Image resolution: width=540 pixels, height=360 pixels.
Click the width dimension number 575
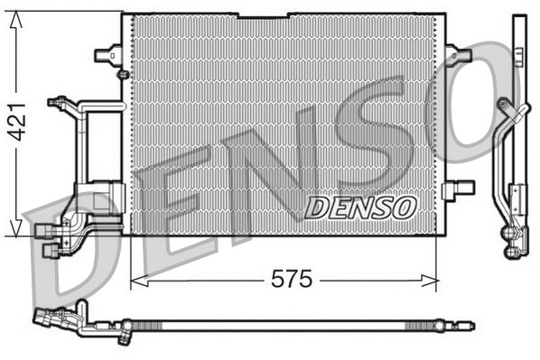[293, 280]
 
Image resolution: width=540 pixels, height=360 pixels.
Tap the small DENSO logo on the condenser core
[359, 207]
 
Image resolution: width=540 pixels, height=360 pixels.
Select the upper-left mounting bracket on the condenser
[108, 53]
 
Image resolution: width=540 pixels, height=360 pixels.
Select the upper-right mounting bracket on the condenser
[458, 54]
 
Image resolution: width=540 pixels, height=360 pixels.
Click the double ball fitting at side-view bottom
[512, 234]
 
